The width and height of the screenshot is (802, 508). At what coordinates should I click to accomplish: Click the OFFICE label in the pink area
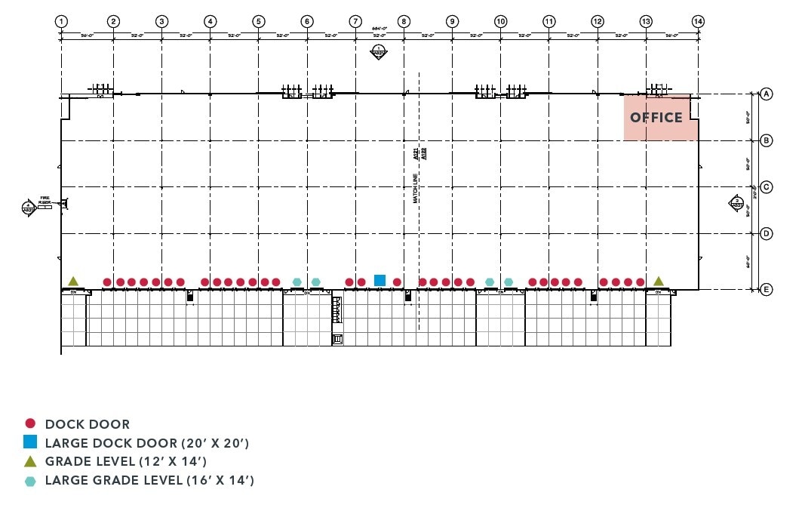tap(656, 118)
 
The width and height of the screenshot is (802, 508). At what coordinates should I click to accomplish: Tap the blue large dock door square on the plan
tap(379, 281)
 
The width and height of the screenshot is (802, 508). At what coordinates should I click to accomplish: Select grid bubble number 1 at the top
tap(61, 21)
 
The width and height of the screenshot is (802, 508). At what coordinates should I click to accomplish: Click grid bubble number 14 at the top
tap(698, 21)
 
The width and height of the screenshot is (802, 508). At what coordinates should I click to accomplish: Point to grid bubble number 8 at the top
tap(404, 21)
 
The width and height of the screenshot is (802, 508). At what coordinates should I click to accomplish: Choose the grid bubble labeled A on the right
tap(766, 94)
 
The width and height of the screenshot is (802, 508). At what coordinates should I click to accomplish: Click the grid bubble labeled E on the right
tap(766, 290)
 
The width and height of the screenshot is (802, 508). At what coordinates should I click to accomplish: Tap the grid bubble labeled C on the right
tap(766, 187)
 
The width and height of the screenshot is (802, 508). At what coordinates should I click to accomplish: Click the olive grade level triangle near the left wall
tap(73, 281)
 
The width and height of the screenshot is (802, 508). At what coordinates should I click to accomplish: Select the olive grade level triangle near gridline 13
tap(659, 281)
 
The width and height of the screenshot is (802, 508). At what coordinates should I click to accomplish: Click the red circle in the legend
tap(30, 424)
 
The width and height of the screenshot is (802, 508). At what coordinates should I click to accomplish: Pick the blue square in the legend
tap(30, 443)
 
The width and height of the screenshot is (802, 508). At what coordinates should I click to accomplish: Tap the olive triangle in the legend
tap(30, 461)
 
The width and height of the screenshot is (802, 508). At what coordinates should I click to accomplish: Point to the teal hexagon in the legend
tap(30, 480)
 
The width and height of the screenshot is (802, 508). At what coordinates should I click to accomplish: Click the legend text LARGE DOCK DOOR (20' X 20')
tap(146, 443)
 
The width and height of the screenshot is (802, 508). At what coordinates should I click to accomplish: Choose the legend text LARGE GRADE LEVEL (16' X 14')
tap(149, 480)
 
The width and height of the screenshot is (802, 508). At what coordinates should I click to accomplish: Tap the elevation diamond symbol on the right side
tap(736, 202)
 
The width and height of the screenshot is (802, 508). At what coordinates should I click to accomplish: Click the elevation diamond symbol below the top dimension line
tap(378, 52)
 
